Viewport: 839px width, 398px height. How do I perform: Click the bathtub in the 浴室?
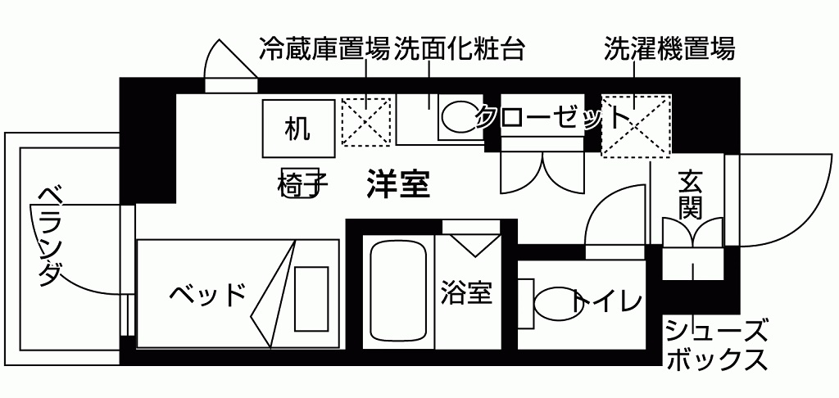[398, 291]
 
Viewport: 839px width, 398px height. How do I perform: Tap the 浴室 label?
[466, 293]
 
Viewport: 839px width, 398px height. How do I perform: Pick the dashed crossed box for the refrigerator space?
[365, 121]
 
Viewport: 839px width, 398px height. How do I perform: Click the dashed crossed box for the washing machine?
[636, 124]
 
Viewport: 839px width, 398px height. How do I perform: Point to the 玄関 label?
[690, 194]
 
